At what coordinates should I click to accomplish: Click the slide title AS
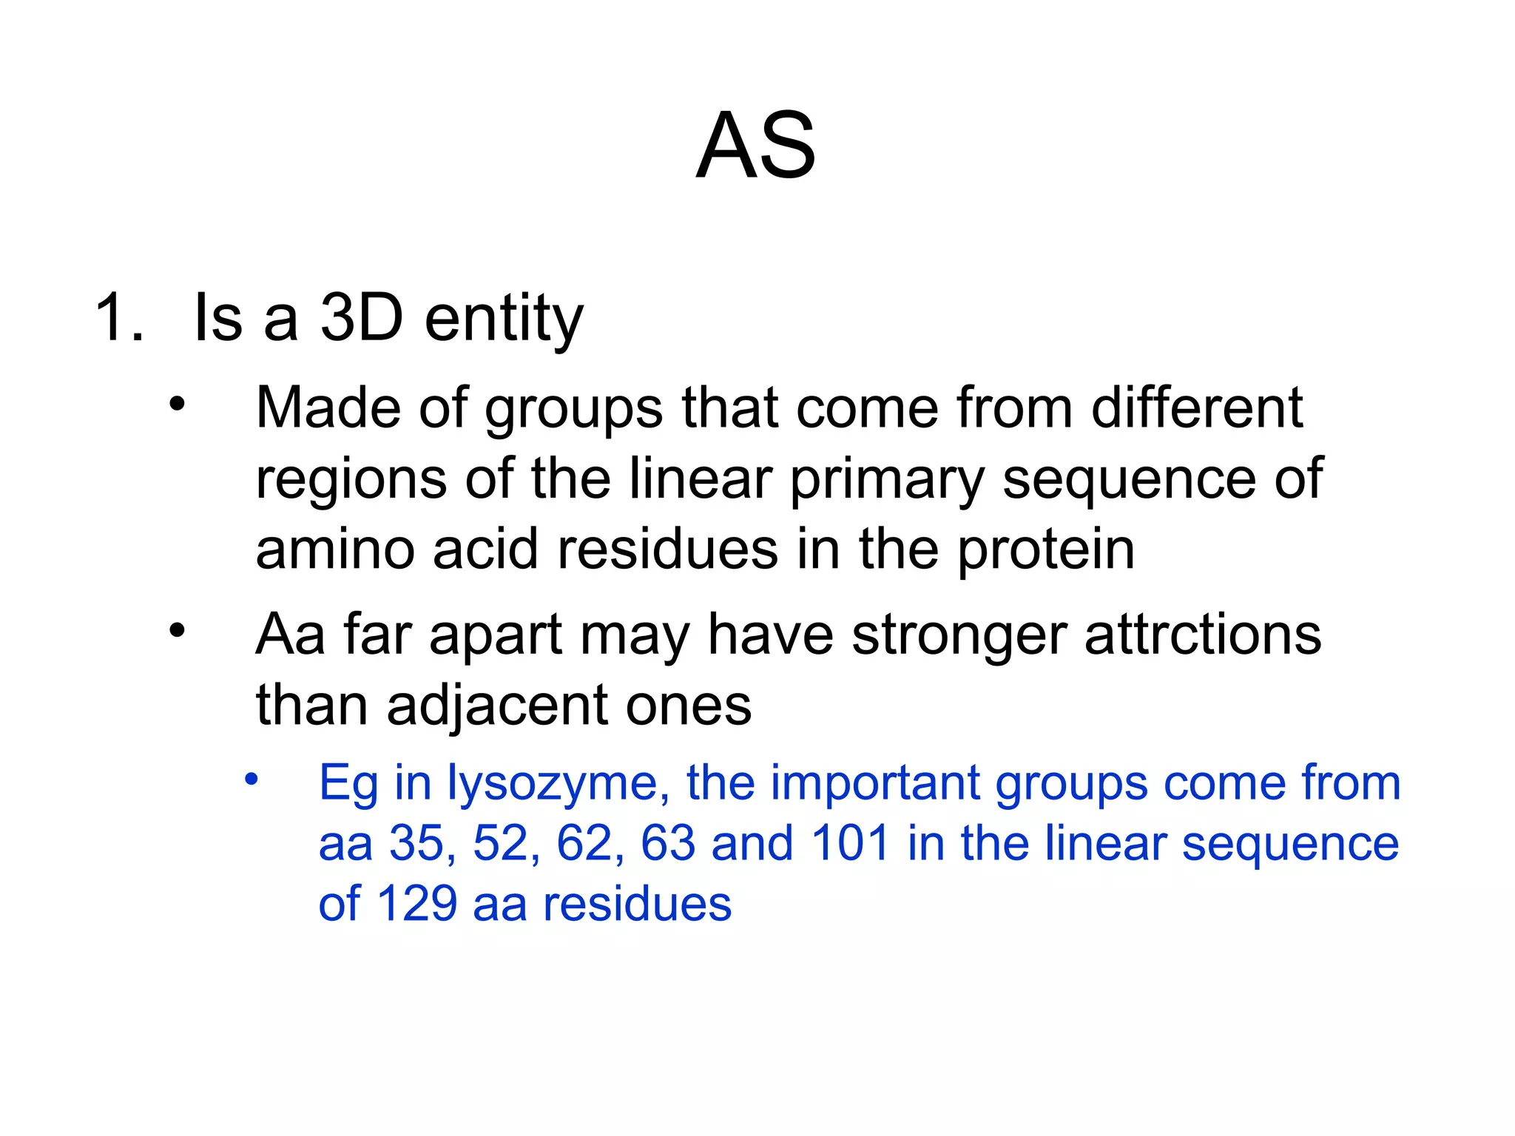756,146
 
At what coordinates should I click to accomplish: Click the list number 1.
118,318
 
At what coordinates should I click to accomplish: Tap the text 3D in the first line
362,318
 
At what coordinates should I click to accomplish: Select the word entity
504,319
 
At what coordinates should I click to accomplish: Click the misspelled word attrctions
1202,635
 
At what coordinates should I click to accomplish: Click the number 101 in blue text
849,843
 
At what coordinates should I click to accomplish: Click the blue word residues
637,904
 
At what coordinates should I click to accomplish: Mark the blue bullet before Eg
252,779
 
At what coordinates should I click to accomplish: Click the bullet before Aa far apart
176,631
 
